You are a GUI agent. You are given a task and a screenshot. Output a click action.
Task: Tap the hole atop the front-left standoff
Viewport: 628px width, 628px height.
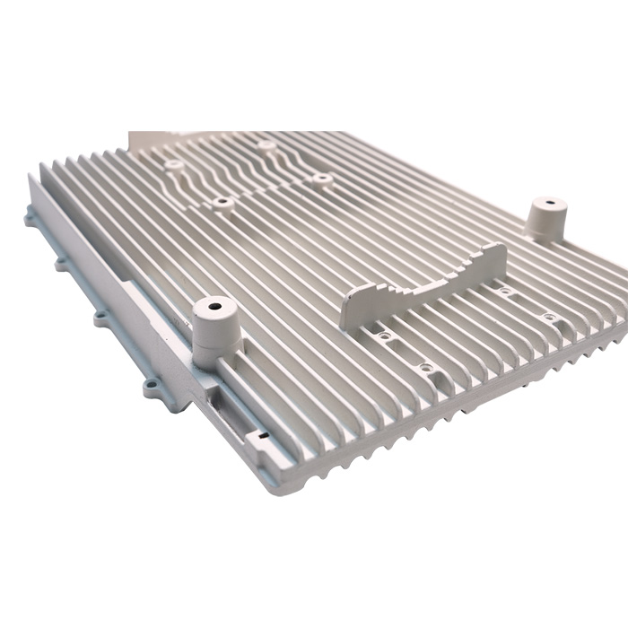pyautogui.click(x=214, y=306)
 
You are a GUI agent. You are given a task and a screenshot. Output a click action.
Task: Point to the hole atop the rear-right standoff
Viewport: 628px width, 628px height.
pyautogui.click(x=546, y=203)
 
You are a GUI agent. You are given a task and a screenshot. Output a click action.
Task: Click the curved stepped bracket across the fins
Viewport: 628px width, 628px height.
pyautogui.click(x=422, y=287)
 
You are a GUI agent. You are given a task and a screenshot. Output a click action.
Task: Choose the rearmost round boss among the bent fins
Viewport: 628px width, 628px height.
pyautogui.click(x=266, y=144)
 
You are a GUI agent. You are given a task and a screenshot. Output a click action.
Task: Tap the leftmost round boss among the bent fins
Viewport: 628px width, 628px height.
pyautogui.click(x=173, y=165)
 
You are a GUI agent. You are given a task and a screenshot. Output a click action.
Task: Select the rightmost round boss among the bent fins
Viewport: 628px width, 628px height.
pyautogui.click(x=322, y=179)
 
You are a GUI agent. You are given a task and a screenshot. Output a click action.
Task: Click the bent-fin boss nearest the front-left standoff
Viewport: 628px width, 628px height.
pyautogui.click(x=222, y=203)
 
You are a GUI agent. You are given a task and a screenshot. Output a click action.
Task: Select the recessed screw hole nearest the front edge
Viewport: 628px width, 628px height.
pyautogui.click(x=425, y=367)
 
